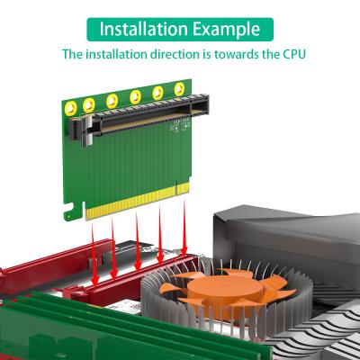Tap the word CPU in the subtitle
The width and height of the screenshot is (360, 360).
(293, 55)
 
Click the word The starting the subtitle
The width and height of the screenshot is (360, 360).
(72, 55)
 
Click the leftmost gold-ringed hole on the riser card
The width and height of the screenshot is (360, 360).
(89, 106)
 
